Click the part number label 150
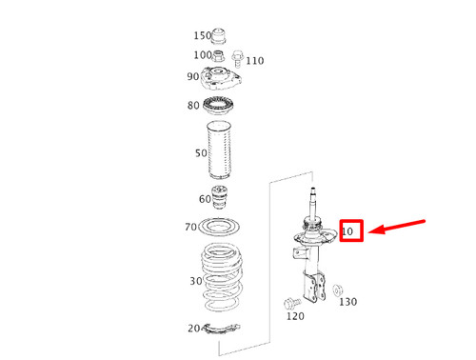pos(203,36)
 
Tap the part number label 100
pos(203,56)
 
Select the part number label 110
pos(255,61)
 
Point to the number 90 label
pos(193,77)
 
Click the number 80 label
pos(193,105)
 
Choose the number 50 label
pos(201,152)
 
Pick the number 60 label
pos(206,199)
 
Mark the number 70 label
pos(190,228)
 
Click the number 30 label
pos(196,281)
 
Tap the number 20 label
pos(194,329)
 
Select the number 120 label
pos(295,316)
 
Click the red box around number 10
pos(350,230)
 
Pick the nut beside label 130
pos(339,287)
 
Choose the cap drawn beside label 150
pos(220,36)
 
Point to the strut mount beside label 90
pos(224,78)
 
